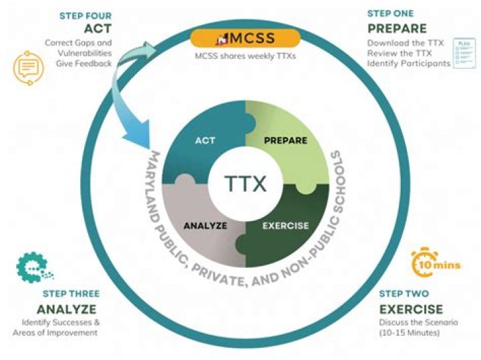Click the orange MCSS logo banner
245,38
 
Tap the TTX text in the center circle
245,184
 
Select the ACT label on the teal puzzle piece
205,141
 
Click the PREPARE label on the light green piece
286,140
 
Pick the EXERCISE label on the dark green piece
286,226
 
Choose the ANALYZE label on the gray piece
205,226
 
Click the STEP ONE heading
391,13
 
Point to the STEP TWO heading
404,294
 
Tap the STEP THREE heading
71,294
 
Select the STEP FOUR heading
86,15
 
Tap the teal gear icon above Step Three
34,267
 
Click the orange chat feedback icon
28,67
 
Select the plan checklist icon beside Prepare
464,53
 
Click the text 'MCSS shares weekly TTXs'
245,56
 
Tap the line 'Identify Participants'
409,63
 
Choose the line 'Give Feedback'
84,63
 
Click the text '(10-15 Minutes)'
410,333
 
